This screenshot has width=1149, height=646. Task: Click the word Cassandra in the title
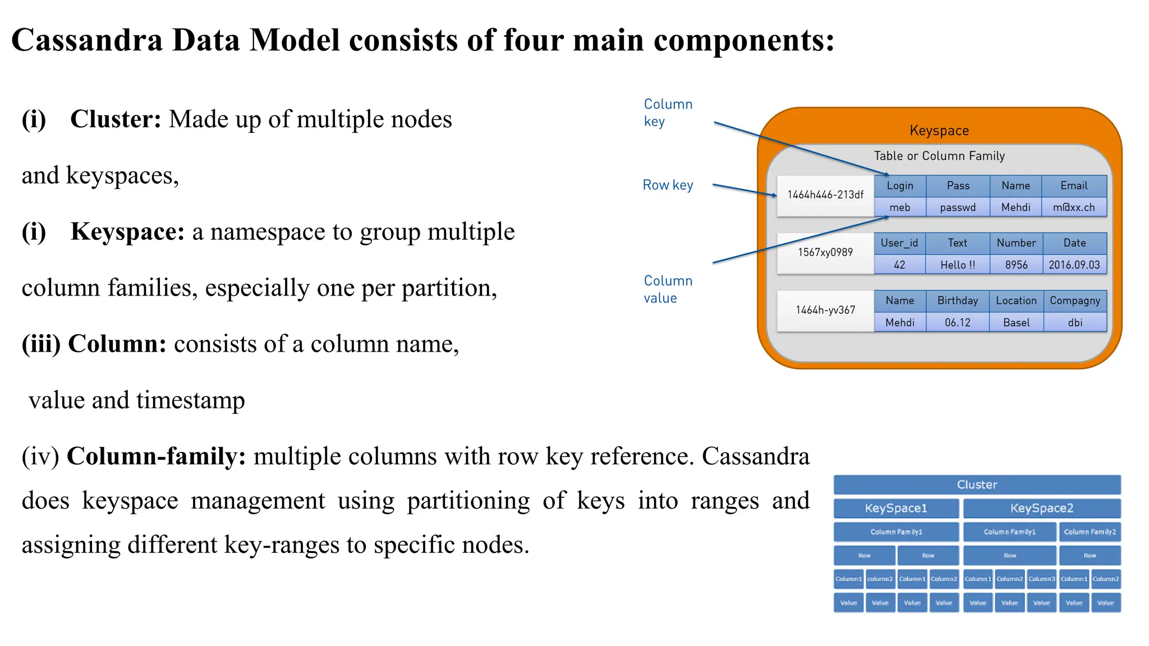87,40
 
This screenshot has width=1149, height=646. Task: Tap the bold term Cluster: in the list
116,119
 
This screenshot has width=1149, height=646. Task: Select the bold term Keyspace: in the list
127,232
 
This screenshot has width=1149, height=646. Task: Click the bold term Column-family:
156,456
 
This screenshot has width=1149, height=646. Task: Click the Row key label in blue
668,185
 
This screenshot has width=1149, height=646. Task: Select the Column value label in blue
668,289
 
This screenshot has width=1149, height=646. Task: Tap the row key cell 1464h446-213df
825,195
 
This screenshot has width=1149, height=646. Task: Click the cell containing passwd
958,207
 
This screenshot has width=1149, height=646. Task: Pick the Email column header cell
1074,186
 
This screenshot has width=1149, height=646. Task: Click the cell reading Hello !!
958,265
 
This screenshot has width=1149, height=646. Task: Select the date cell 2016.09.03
1074,265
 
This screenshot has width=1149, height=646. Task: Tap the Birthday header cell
958,301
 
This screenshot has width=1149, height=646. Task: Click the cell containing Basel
1016,322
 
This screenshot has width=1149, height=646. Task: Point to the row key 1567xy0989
825,252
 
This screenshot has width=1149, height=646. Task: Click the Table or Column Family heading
939,156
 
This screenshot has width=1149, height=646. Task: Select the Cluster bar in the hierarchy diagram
977,484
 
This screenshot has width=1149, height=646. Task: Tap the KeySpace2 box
1042,508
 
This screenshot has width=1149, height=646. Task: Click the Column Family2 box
1090,532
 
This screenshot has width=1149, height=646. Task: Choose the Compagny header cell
1075,301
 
